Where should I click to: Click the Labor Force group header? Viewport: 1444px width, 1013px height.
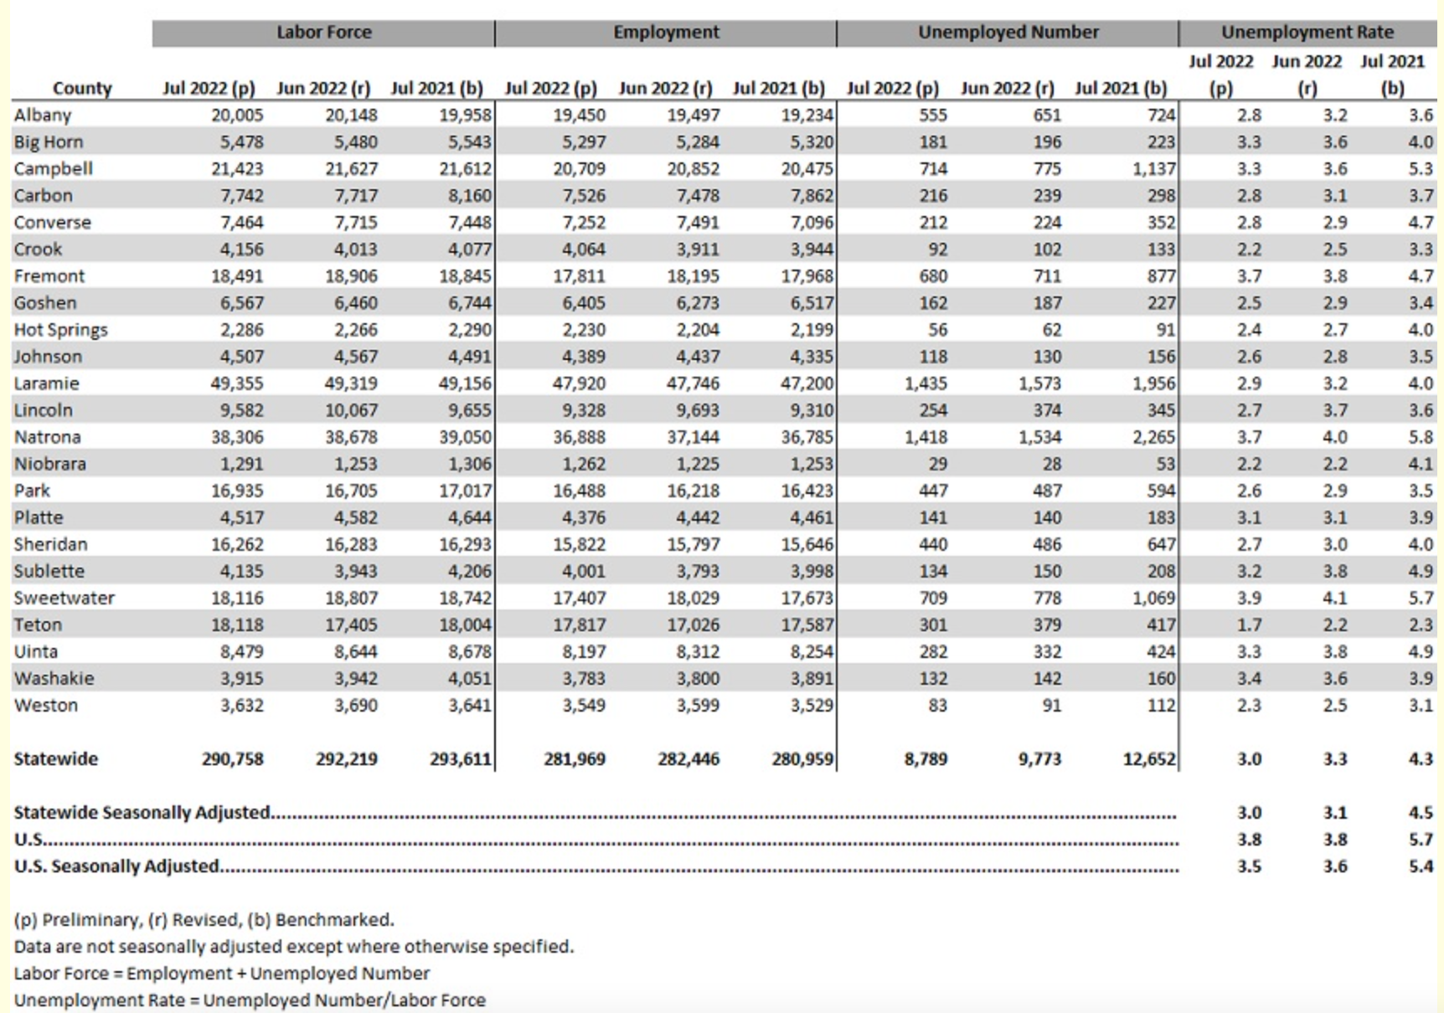click(324, 33)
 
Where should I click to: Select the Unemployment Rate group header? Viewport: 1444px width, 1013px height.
click(1307, 33)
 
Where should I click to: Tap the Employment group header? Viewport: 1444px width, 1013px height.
click(666, 33)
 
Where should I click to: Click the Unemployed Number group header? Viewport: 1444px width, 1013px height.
click(1008, 33)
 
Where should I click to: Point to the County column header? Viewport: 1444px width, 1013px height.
click(82, 88)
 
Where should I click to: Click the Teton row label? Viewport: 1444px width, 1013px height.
click(38, 625)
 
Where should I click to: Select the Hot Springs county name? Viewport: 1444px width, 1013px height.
click(60, 330)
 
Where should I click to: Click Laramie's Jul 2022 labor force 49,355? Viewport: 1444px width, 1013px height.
click(237, 383)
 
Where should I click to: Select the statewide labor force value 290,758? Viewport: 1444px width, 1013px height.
click(232, 759)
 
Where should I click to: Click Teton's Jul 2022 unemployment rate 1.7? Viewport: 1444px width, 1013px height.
click(1249, 625)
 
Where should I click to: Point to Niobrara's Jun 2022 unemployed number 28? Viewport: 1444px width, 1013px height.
click(1051, 464)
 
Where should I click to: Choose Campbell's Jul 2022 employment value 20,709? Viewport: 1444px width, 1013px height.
click(579, 168)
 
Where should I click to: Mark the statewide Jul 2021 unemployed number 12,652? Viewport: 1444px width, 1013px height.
click(1149, 759)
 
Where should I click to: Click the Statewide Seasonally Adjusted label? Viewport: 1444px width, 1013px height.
click(142, 813)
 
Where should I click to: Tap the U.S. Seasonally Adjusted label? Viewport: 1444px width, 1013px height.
click(116, 866)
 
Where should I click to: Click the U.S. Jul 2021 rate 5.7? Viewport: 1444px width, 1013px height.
click(1421, 840)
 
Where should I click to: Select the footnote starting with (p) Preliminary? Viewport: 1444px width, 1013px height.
click(204, 920)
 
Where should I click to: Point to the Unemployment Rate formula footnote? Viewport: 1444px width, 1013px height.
click(250, 1000)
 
